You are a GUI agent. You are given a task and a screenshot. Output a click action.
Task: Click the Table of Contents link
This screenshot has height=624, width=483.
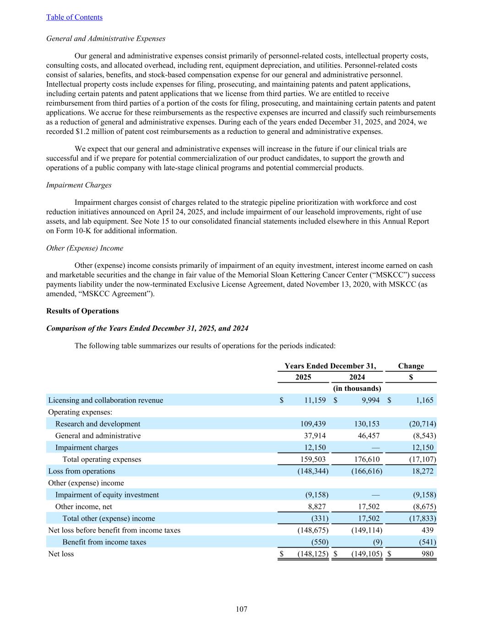(74, 17)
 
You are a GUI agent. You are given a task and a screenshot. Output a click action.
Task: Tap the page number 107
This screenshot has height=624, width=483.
(241, 609)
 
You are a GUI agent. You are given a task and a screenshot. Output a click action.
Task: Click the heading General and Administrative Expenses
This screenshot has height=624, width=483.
(106, 39)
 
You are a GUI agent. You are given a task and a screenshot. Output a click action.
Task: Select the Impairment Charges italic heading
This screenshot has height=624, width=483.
(79, 185)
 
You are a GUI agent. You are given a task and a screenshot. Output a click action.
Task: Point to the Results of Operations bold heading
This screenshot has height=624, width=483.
(82, 311)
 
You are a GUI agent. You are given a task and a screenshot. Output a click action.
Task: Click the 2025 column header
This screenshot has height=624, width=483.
(303, 377)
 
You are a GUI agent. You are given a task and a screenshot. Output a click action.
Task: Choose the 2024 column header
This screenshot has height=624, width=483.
(357, 377)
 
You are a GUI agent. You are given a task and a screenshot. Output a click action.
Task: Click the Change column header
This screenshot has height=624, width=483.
(411, 366)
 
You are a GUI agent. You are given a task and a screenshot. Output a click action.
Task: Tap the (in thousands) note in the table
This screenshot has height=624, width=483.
(357, 389)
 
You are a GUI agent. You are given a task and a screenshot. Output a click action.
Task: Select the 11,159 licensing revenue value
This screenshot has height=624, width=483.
(315, 400)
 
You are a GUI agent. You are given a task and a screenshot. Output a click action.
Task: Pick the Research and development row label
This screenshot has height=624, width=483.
(98, 424)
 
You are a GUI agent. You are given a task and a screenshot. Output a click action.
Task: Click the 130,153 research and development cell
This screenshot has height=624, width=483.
(366, 424)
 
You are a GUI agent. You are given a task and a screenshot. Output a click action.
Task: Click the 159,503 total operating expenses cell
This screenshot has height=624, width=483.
(312, 459)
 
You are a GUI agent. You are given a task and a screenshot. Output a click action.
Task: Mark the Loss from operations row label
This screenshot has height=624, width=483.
(81, 471)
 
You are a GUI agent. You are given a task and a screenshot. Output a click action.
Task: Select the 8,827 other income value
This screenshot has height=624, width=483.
(316, 507)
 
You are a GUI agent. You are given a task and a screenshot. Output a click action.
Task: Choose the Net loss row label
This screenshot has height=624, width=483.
(61, 554)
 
